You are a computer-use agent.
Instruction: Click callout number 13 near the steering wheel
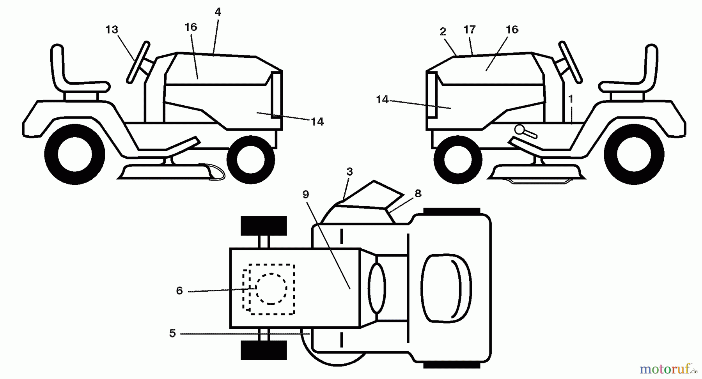point(112,30)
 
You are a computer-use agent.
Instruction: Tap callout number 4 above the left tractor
point(218,12)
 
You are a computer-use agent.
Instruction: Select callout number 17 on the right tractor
point(470,30)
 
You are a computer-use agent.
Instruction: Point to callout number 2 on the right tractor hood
point(443,32)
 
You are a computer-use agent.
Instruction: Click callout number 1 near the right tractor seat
point(571,99)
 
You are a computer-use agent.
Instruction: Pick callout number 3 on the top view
point(349,172)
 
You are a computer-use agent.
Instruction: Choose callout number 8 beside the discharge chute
point(418,193)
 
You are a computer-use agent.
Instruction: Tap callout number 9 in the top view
point(306,194)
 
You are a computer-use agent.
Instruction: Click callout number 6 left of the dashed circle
point(179,290)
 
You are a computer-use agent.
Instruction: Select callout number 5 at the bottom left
point(172,333)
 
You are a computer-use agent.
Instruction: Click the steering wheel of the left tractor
point(138,62)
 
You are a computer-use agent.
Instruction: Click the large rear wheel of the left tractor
point(74,154)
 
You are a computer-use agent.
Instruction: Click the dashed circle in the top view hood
point(271,288)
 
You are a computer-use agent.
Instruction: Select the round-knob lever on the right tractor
point(525,132)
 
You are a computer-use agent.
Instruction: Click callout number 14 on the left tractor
point(317,122)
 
